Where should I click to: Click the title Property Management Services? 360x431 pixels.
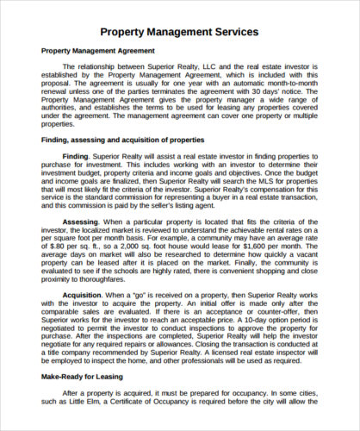point(179,32)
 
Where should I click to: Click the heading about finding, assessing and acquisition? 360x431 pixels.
point(123,139)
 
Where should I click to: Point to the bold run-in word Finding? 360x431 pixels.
point(76,156)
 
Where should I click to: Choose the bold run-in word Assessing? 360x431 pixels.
point(81,222)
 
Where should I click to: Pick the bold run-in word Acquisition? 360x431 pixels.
point(82,296)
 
